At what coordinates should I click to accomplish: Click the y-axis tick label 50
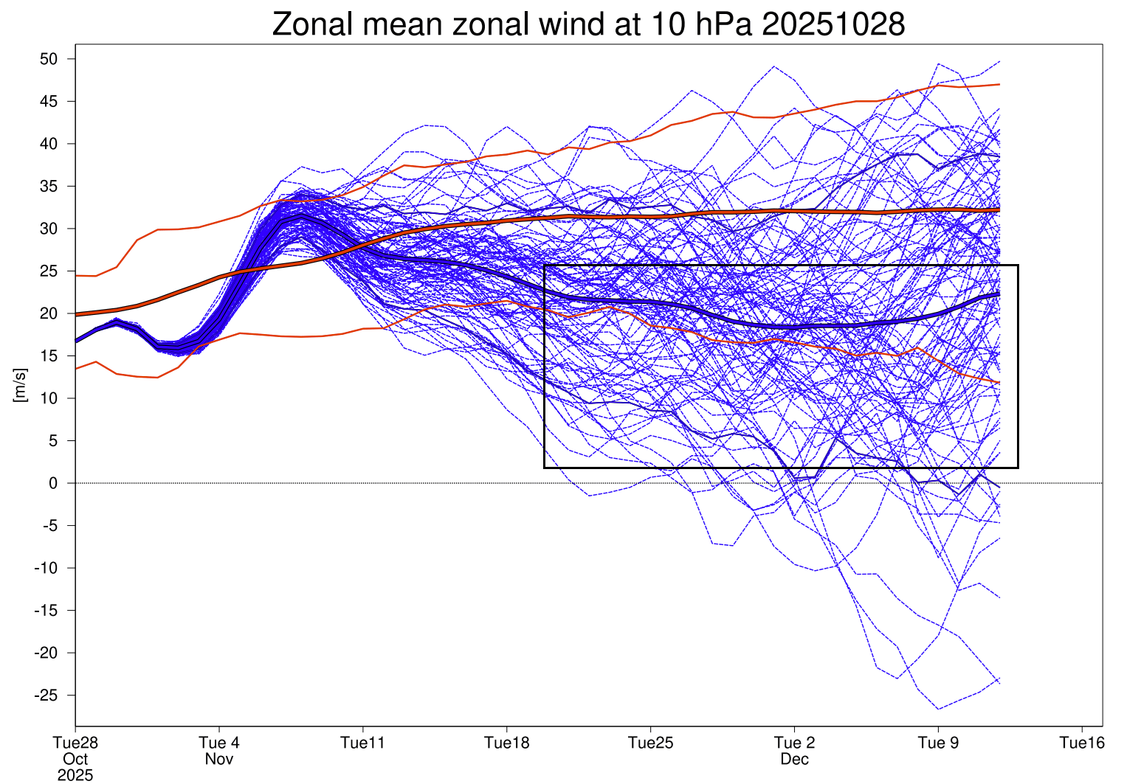click(49, 59)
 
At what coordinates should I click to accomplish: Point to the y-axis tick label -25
click(46, 695)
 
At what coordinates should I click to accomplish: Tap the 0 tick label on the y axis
click(53, 483)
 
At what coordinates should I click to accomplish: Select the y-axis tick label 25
click(49, 271)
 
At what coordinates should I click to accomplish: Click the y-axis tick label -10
click(46, 568)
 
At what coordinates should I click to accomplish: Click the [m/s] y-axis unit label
click(20, 385)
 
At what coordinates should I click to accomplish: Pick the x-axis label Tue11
click(363, 743)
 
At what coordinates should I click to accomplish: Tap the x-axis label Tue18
click(507, 743)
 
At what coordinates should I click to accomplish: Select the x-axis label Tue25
click(651, 743)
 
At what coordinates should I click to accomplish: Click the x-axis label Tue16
click(1082, 743)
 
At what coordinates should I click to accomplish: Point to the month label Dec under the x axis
click(795, 759)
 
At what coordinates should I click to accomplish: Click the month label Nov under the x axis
click(219, 759)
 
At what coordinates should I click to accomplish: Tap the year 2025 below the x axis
click(75, 775)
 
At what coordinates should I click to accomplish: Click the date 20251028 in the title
click(833, 24)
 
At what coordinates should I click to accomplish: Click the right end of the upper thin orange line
click(999, 84)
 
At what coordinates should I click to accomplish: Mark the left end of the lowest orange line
click(76, 369)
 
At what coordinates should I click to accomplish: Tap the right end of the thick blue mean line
click(999, 294)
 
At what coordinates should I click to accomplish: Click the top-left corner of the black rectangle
click(545, 266)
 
